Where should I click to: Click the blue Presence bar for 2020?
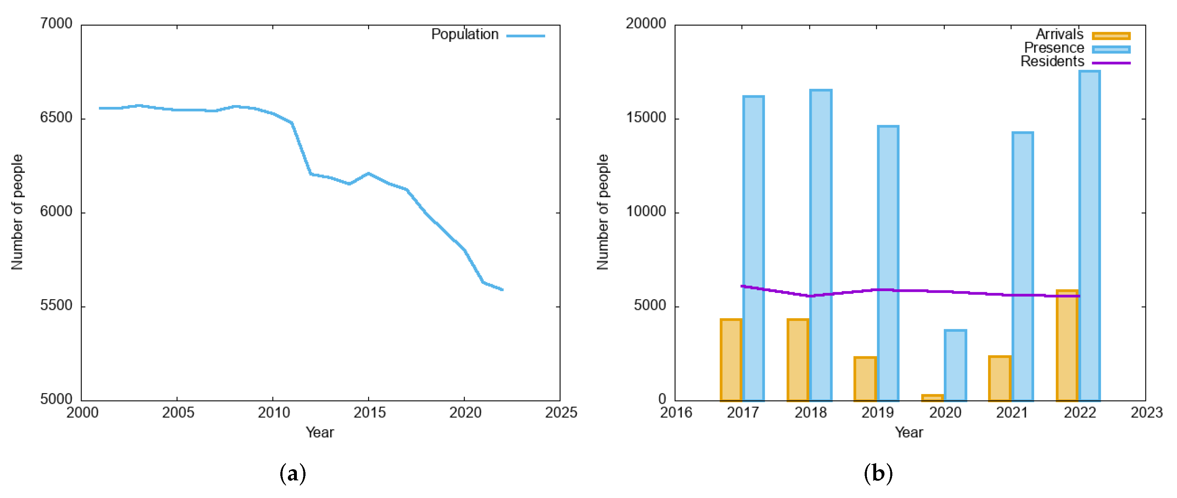point(955,366)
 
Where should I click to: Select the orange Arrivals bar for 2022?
point(1067,346)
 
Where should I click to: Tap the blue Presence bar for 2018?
point(821,245)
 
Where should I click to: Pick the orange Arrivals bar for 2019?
point(865,379)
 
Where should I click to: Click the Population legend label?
point(465,34)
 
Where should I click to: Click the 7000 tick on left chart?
point(56,24)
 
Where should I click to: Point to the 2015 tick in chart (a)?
point(369,413)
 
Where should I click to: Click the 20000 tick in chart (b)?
point(645,24)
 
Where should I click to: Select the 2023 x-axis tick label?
point(1146,413)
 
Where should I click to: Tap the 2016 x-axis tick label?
point(676,413)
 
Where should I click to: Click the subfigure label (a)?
point(293,474)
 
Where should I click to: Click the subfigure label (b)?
point(878,474)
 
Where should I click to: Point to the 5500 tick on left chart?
point(56,305)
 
